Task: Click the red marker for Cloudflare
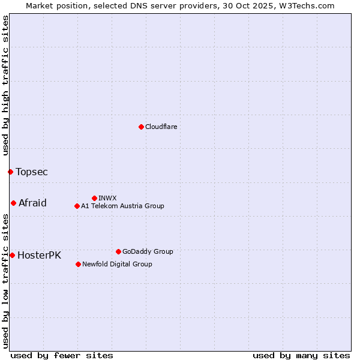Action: [141, 127]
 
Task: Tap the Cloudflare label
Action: [161, 127]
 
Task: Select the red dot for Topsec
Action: [10, 172]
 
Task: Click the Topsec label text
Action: [32, 172]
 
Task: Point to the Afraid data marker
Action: [13, 203]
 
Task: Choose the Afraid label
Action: [32, 203]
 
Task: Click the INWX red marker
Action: [94, 198]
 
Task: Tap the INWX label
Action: [107, 198]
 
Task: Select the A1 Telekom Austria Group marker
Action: [77, 206]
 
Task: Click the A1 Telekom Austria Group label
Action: [122, 206]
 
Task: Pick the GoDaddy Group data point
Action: [118, 251]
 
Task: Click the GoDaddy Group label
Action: [148, 251]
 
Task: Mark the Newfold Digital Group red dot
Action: [78, 264]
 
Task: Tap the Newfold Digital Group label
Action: [117, 264]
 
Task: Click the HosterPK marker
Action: [12, 255]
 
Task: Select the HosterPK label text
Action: [39, 255]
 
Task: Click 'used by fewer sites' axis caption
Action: [62, 355]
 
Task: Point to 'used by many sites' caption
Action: [301, 355]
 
